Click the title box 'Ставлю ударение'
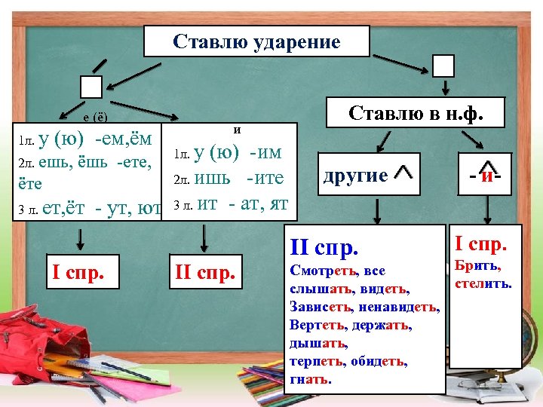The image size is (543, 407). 256,41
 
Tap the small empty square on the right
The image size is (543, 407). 444,66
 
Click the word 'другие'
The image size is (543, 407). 355,176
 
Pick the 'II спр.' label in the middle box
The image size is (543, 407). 204,270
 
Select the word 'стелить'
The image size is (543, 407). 482,283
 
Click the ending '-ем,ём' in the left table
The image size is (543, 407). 124,139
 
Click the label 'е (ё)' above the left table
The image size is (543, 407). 96,118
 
